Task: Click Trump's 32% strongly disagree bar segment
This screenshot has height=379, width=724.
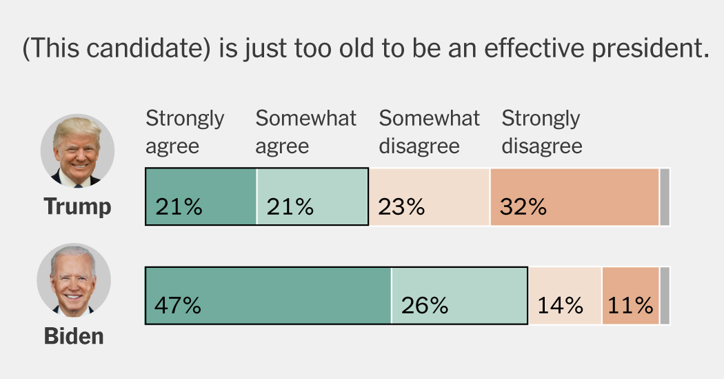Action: click(574, 197)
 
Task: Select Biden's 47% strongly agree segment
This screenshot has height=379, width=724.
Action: click(268, 295)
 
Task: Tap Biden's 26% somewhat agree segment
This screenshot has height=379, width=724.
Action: click(459, 295)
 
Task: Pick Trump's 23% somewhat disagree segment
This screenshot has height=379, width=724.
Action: click(429, 197)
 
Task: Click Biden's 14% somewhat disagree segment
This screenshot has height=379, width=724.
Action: click(565, 295)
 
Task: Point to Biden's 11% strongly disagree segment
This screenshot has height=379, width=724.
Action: click(630, 295)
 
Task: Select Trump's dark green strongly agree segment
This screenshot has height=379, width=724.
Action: click(201, 197)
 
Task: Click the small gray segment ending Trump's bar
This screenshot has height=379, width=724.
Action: click(665, 197)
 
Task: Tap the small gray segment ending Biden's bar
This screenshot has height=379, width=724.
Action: click(665, 295)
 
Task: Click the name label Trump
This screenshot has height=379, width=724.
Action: click(77, 206)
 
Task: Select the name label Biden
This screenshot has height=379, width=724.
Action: click(74, 336)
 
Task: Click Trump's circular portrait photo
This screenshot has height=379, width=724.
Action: click(77, 151)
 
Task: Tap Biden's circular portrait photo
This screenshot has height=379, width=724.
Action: click(74, 280)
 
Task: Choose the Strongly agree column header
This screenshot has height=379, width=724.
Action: click(184, 132)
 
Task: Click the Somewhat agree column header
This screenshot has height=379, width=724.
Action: click(305, 132)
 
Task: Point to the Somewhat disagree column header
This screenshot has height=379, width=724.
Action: click(429, 132)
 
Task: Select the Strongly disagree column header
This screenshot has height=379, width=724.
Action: click(541, 132)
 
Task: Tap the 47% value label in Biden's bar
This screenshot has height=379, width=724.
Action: click(178, 305)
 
